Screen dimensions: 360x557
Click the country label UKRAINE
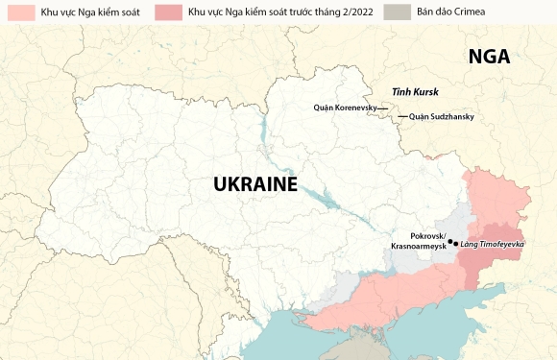(254, 184)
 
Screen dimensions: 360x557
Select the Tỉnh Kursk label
(414, 92)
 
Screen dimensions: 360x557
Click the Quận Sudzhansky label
(441, 117)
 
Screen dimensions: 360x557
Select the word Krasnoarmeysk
(419, 247)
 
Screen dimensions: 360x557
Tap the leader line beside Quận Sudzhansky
(402, 117)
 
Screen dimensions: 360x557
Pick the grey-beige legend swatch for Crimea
(396, 12)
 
